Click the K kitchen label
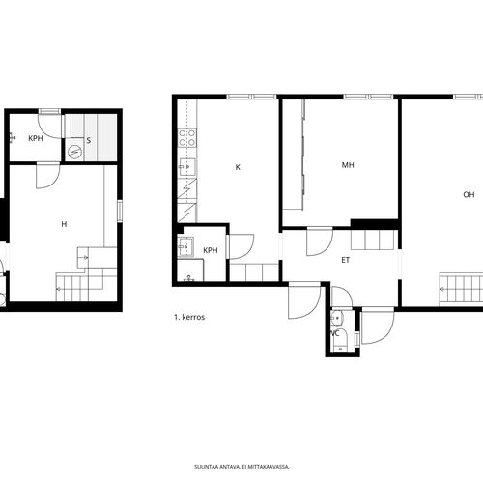click(238, 167)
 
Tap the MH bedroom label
click(348, 165)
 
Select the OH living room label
click(469, 194)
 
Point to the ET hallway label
click(345, 260)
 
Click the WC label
click(335, 333)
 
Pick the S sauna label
click(89, 140)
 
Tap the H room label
click(64, 224)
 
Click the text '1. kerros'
click(189, 317)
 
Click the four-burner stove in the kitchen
click(187, 137)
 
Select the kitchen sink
click(187, 167)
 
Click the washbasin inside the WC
click(337, 318)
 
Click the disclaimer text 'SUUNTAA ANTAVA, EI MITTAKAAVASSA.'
click(241, 467)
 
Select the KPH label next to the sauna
click(36, 138)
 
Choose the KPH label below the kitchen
click(211, 250)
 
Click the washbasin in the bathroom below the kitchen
click(185, 247)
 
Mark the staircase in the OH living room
click(461, 289)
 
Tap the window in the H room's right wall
click(120, 211)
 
